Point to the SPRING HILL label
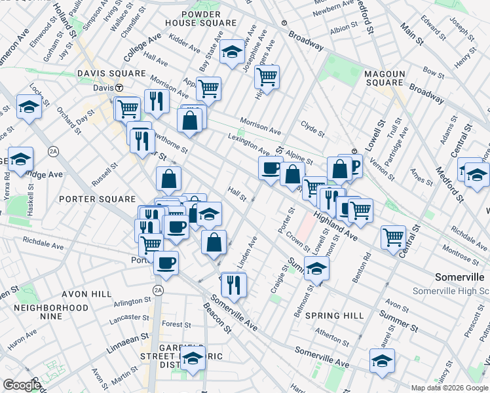(334, 316)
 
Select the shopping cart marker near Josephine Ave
(267, 76)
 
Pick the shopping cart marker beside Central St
(393, 236)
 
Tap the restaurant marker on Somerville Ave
(233, 283)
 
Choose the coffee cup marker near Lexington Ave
(270, 168)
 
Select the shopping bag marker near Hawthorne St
(168, 178)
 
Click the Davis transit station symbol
(119, 88)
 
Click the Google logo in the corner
(22, 385)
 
